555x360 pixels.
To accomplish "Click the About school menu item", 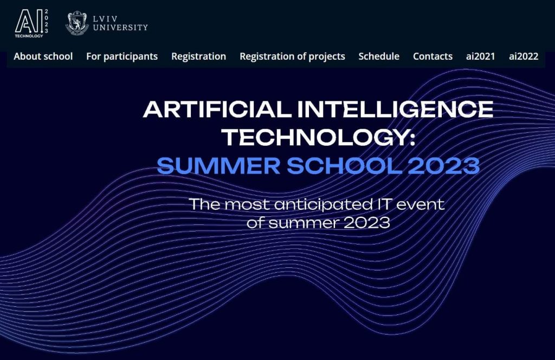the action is tap(43, 56).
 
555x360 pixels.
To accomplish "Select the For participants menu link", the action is tap(122, 56).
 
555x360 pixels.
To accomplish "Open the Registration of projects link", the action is tap(292, 56).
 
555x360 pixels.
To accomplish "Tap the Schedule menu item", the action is tap(379, 56).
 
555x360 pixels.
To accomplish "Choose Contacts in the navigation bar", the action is tap(433, 56).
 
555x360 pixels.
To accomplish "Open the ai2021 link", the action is tap(480, 56).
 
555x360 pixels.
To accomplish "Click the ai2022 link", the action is tap(524, 56).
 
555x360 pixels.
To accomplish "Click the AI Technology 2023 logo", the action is tap(31, 23).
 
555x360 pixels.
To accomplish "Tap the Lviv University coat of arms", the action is tap(77, 23).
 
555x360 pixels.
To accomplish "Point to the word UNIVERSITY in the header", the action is tap(120, 27).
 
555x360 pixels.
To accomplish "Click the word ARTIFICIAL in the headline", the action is tap(217, 110).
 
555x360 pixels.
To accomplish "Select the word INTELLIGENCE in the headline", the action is tap(395, 110).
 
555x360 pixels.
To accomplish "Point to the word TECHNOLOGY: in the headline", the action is tap(319, 137).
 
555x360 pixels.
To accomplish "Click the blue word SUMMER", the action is tap(219, 166).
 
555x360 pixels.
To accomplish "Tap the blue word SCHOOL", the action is tap(344, 166).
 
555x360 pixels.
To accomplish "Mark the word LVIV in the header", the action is tap(105, 19).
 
